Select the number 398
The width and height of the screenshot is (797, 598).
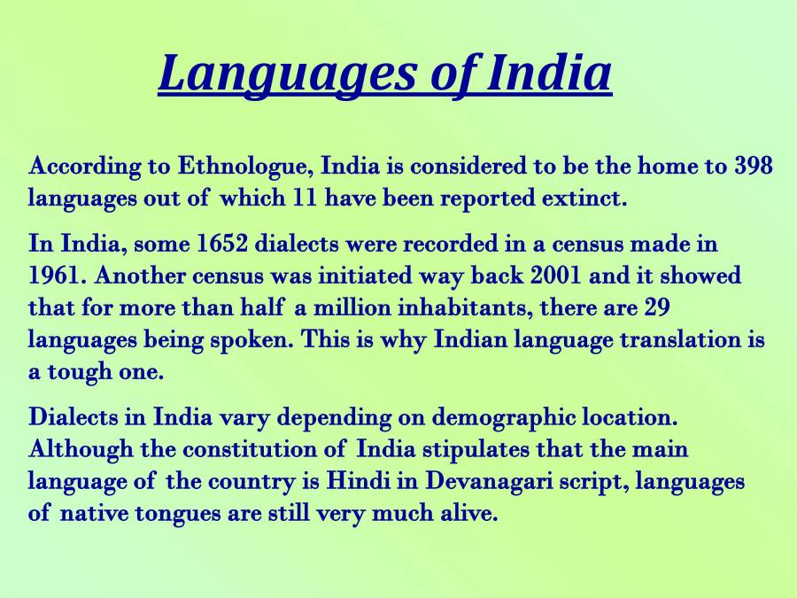(754, 166)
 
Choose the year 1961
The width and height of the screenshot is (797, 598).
(54, 276)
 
